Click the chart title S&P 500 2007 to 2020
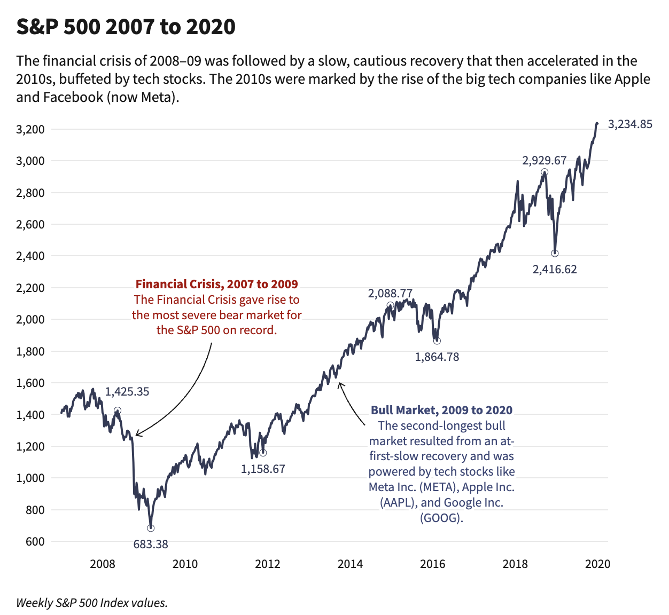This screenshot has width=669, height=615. (126, 27)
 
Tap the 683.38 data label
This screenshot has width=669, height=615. (151, 545)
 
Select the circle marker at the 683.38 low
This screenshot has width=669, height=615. (151, 528)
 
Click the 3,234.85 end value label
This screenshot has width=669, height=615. (630, 124)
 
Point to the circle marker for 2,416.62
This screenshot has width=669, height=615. (555, 254)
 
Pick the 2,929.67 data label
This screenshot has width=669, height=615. (544, 161)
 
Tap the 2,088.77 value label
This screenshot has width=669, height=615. (390, 294)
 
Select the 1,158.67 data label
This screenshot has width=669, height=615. (263, 469)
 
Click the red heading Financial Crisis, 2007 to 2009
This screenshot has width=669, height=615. (216, 285)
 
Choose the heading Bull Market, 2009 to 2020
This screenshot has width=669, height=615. (441, 411)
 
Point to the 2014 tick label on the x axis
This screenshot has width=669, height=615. (350, 564)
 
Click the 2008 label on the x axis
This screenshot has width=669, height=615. (103, 564)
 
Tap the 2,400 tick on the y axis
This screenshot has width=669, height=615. (31, 256)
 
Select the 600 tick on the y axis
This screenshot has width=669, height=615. (35, 542)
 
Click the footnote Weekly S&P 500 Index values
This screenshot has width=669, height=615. (92, 603)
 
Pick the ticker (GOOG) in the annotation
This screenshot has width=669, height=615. (441, 518)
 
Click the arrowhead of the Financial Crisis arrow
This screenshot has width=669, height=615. (137, 435)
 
